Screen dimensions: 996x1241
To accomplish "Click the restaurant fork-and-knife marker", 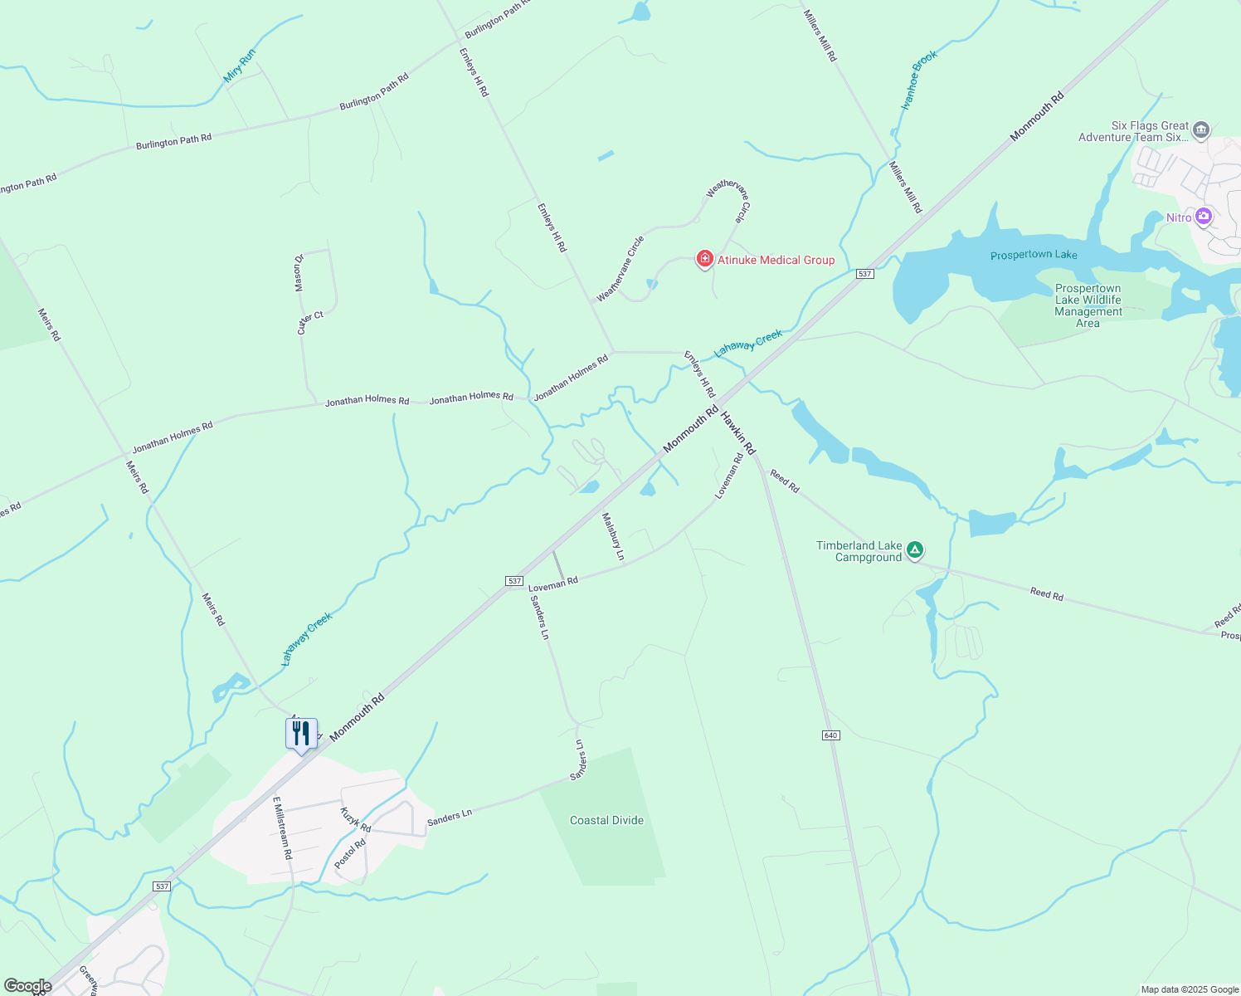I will click(x=301, y=734).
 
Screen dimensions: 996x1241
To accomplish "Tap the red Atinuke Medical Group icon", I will click(x=704, y=260).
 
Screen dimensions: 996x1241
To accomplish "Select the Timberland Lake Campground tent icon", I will click(x=914, y=550).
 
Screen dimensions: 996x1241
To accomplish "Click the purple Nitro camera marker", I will click(x=1204, y=217).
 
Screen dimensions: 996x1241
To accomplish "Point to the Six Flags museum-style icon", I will click(x=1200, y=130).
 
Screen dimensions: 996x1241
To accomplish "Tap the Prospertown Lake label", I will click(x=1034, y=255).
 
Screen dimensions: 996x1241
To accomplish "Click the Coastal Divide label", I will click(x=606, y=820).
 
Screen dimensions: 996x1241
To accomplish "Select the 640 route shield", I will click(x=831, y=735).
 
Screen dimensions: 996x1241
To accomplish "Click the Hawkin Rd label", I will click(x=737, y=432).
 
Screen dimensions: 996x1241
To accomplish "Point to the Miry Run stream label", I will click(x=240, y=66).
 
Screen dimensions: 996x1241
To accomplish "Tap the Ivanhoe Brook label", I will click(x=919, y=81).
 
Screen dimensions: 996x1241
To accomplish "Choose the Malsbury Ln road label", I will click(x=613, y=536).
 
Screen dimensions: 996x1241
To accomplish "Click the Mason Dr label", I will click(x=299, y=272).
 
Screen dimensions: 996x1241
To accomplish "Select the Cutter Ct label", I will click(x=310, y=322).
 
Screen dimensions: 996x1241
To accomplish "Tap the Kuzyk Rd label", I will click(x=355, y=819).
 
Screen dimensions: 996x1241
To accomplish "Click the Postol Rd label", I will click(x=349, y=854).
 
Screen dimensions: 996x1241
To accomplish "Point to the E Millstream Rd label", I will click(x=282, y=828).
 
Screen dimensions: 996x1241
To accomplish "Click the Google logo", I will click(x=27, y=986).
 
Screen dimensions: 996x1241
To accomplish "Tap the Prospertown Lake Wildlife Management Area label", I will click(x=1088, y=306).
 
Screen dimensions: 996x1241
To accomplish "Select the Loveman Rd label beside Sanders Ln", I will click(x=552, y=583).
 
